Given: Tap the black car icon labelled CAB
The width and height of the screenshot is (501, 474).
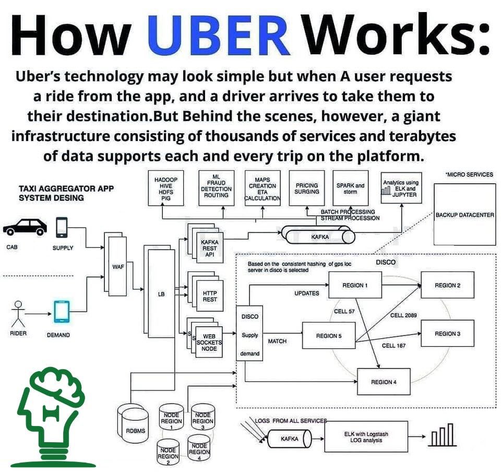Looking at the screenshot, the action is pos(25,227).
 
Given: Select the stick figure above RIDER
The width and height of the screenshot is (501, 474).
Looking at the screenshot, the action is pos(18,314).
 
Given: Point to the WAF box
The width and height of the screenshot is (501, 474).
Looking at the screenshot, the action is pos(117,266).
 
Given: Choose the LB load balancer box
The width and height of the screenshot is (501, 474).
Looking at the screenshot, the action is pos(161,293).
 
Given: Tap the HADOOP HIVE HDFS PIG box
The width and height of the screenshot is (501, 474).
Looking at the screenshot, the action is pos(166,188).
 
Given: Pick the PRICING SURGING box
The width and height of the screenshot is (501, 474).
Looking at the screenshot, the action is pos(307,188).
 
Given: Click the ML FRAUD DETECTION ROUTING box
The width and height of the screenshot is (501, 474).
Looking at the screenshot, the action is pos(216,188).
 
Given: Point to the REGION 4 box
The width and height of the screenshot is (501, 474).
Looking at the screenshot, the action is pos(384,382).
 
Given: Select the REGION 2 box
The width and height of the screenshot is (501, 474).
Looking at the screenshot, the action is pos(447,285).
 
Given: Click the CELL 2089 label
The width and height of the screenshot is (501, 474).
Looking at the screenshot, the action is pos(403,315).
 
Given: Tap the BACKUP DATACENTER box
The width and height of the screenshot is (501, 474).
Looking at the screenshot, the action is pos(464,215).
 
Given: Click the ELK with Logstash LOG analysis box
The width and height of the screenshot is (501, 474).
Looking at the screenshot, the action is pos(366,436).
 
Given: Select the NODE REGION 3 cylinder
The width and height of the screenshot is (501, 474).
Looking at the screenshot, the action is pos(202,417).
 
